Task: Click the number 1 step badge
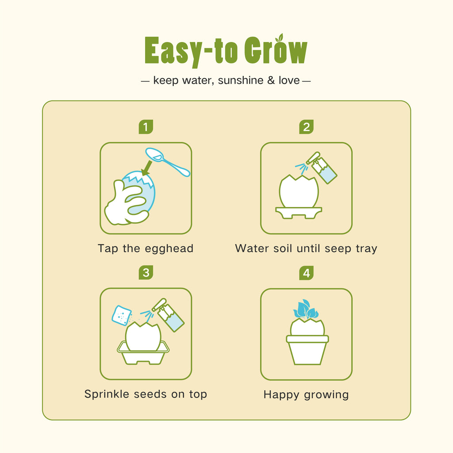146,127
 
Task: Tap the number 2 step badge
306,127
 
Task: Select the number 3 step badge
146,273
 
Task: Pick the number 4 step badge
306,273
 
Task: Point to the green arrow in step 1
147,168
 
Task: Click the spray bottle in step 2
321,168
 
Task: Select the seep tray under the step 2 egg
299,213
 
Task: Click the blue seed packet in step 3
122,315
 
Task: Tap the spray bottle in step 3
168,315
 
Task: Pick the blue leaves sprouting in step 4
306,309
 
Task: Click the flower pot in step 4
307,350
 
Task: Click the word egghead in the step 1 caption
169,249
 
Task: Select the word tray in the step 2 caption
366,249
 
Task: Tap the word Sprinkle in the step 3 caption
107,394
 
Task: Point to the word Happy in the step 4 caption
281,395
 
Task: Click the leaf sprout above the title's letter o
280,38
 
